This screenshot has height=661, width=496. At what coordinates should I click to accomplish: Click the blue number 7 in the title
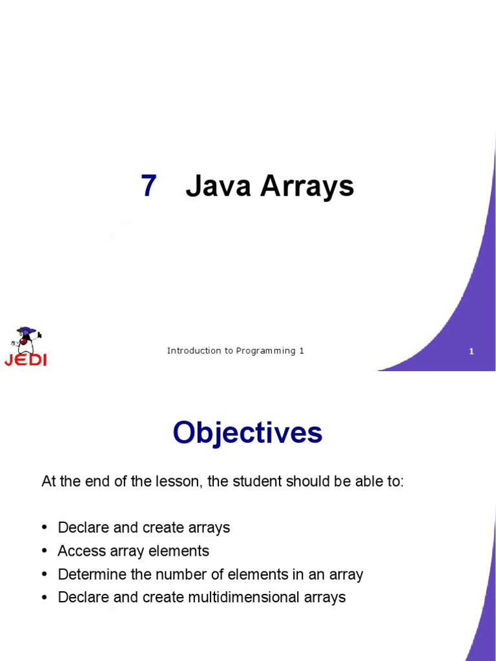(149, 187)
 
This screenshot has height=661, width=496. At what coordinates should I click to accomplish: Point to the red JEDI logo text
(25, 360)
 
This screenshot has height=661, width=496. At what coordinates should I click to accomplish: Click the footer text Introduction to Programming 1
(235, 351)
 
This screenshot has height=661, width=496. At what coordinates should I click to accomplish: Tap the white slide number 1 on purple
(471, 352)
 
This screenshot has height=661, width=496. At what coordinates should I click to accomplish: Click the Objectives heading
(247, 432)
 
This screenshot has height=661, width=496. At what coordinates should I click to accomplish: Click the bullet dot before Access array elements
(45, 551)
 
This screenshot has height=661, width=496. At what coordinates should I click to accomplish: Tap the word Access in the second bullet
(79, 551)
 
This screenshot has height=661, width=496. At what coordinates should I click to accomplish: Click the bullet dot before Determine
(45, 575)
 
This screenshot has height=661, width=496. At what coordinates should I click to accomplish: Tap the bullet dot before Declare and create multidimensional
(45, 598)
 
